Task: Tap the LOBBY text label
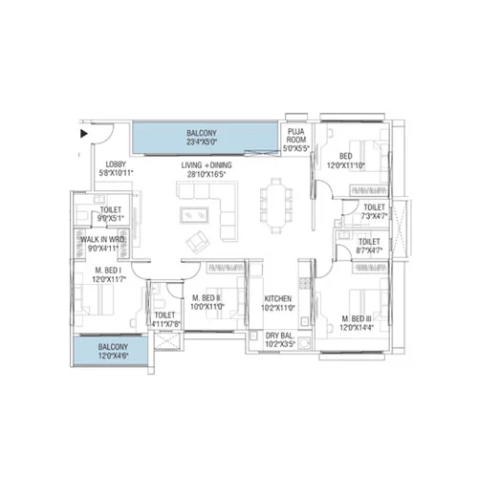click(x=116, y=163)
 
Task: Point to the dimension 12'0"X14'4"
click(x=359, y=327)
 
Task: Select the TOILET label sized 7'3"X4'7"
click(x=374, y=206)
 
